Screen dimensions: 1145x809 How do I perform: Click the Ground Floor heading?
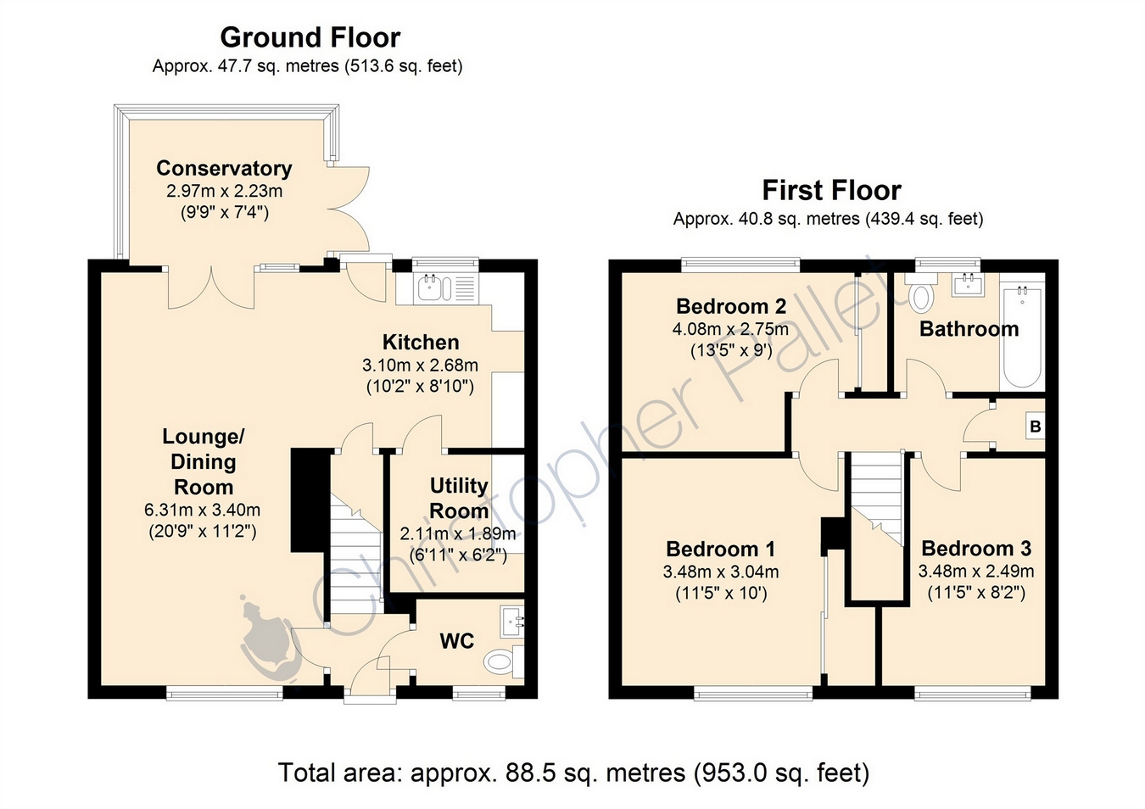click(x=310, y=38)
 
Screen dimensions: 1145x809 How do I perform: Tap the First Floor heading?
click(x=832, y=191)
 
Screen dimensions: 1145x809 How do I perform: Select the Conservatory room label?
click(x=224, y=168)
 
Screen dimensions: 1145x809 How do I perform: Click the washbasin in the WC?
click(x=512, y=622)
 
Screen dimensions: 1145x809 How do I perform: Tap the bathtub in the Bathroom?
click(x=1022, y=337)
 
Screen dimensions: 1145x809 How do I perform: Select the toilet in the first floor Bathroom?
click(x=920, y=293)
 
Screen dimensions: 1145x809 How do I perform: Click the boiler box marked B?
click(x=1035, y=427)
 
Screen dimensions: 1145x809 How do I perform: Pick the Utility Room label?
click(x=459, y=499)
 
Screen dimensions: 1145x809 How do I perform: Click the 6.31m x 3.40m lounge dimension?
click(x=203, y=510)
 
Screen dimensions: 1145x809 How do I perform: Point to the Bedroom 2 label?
click(x=731, y=306)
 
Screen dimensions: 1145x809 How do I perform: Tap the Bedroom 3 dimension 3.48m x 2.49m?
click(x=976, y=571)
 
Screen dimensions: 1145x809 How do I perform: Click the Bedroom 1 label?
click(x=720, y=549)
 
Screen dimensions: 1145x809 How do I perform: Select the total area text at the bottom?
click(x=573, y=773)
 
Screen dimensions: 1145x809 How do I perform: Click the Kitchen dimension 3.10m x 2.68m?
click(x=420, y=365)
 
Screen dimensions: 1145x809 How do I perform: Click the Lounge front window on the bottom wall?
click(x=225, y=693)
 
